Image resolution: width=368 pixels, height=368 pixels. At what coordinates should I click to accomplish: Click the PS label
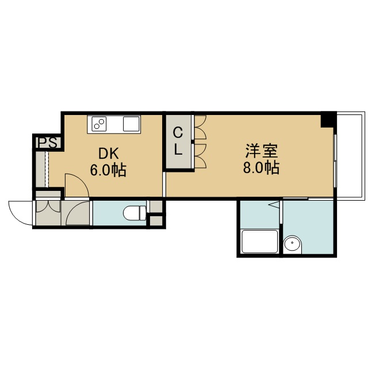point(48,143)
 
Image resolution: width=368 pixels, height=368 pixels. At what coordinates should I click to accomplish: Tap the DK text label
point(109,154)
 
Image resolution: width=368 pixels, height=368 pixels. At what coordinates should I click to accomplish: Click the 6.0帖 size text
point(109,170)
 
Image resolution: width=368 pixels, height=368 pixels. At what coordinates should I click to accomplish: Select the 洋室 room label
point(262,151)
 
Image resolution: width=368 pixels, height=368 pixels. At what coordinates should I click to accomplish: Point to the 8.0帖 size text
point(261,167)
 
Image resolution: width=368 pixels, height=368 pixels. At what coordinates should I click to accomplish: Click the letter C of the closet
point(178,133)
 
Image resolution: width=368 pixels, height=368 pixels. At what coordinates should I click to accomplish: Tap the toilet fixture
point(135,213)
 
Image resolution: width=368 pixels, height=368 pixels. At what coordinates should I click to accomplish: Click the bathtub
point(259,241)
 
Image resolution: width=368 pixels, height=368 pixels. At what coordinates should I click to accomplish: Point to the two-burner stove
point(99,124)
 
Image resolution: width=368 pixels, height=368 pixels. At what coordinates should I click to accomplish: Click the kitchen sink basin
point(131,124)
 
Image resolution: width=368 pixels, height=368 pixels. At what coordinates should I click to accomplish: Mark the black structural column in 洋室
point(328,120)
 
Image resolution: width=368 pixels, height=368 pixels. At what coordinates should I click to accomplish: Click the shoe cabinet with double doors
point(48,213)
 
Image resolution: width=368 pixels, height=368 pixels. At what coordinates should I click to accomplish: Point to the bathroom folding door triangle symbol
point(274,205)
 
